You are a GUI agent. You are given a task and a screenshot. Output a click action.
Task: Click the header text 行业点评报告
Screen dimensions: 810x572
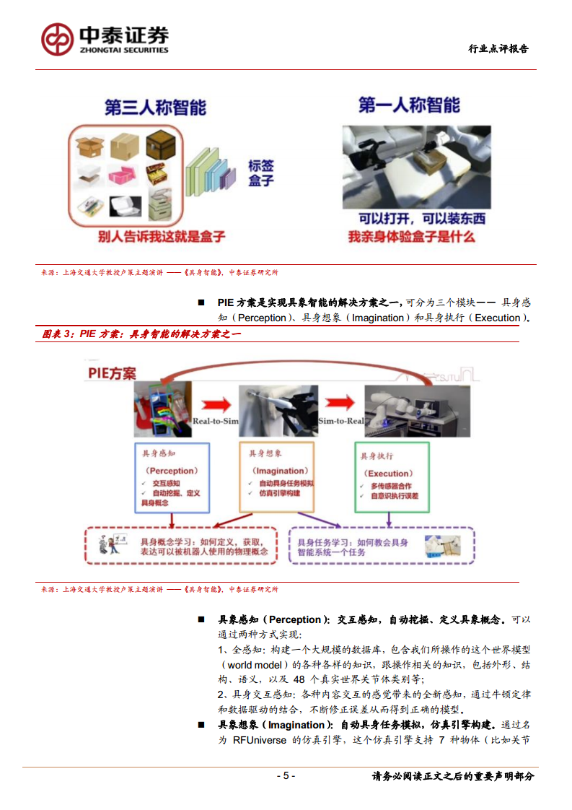pyautogui.click(x=498, y=48)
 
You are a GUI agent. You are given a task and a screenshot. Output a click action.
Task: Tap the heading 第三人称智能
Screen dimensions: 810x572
pyautogui.click(x=155, y=108)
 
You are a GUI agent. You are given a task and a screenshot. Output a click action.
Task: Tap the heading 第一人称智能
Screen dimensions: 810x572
pyautogui.click(x=409, y=106)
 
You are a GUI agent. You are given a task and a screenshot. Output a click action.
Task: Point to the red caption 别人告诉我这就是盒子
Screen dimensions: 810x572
pyautogui.click(x=162, y=236)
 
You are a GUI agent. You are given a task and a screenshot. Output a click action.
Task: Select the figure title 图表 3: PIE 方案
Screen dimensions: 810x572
pyautogui.click(x=141, y=334)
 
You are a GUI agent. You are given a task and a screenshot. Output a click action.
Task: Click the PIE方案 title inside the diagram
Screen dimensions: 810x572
pyautogui.click(x=112, y=373)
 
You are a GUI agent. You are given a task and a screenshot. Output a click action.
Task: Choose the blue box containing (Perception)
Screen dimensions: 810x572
pyautogui.click(x=172, y=477)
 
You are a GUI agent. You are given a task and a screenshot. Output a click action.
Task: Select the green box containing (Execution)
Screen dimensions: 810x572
pyautogui.click(x=393, y=477)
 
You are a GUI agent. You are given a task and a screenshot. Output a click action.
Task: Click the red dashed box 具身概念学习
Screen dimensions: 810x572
pyautogui.click(x=180, y=546)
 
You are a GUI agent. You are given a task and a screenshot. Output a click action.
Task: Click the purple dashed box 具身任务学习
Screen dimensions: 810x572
pyautogui.click(x=381, y=546)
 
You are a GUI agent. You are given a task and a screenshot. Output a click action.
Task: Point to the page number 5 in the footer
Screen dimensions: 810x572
pyautogui.click(x=286, y=776)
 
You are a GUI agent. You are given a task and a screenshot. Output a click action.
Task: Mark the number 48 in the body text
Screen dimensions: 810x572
pyautogui.click(x=299, y=679)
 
